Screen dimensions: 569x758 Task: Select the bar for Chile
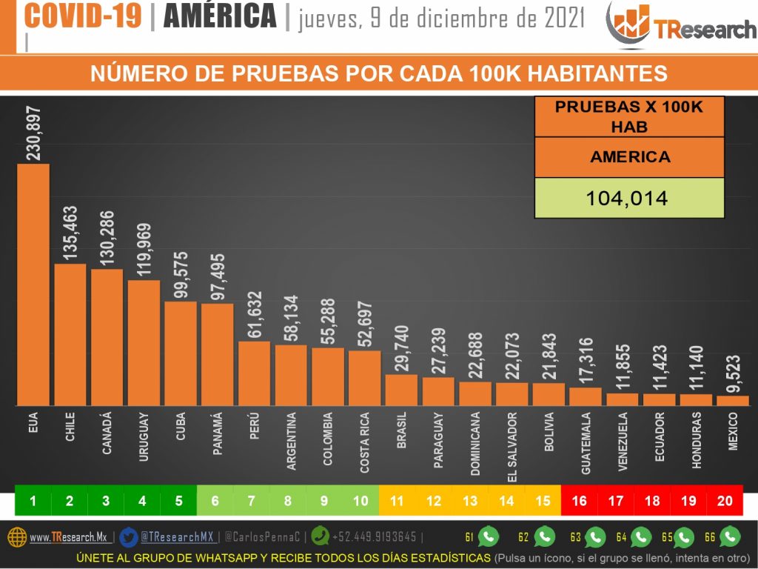click(x=70, y=333)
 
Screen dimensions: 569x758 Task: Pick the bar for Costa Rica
click(x=364, y=377)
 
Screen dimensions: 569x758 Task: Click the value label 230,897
click(x=34, y=133)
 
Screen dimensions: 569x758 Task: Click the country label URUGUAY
click(x=144, y=437)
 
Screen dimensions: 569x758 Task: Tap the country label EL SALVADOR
click(x=512, y=443)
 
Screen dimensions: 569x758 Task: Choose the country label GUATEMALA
click(x=586, y=443)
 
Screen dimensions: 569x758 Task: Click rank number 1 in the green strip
click(x=33, y=501)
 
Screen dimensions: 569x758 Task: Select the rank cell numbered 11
click(x=397, y=501)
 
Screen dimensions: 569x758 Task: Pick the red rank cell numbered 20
click(x=725, y=501)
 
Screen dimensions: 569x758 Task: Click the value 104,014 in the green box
click(x=628, y=199)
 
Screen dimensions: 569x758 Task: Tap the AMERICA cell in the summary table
click(x=628, y=157)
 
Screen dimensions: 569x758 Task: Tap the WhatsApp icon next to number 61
click(x=489, y=536)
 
